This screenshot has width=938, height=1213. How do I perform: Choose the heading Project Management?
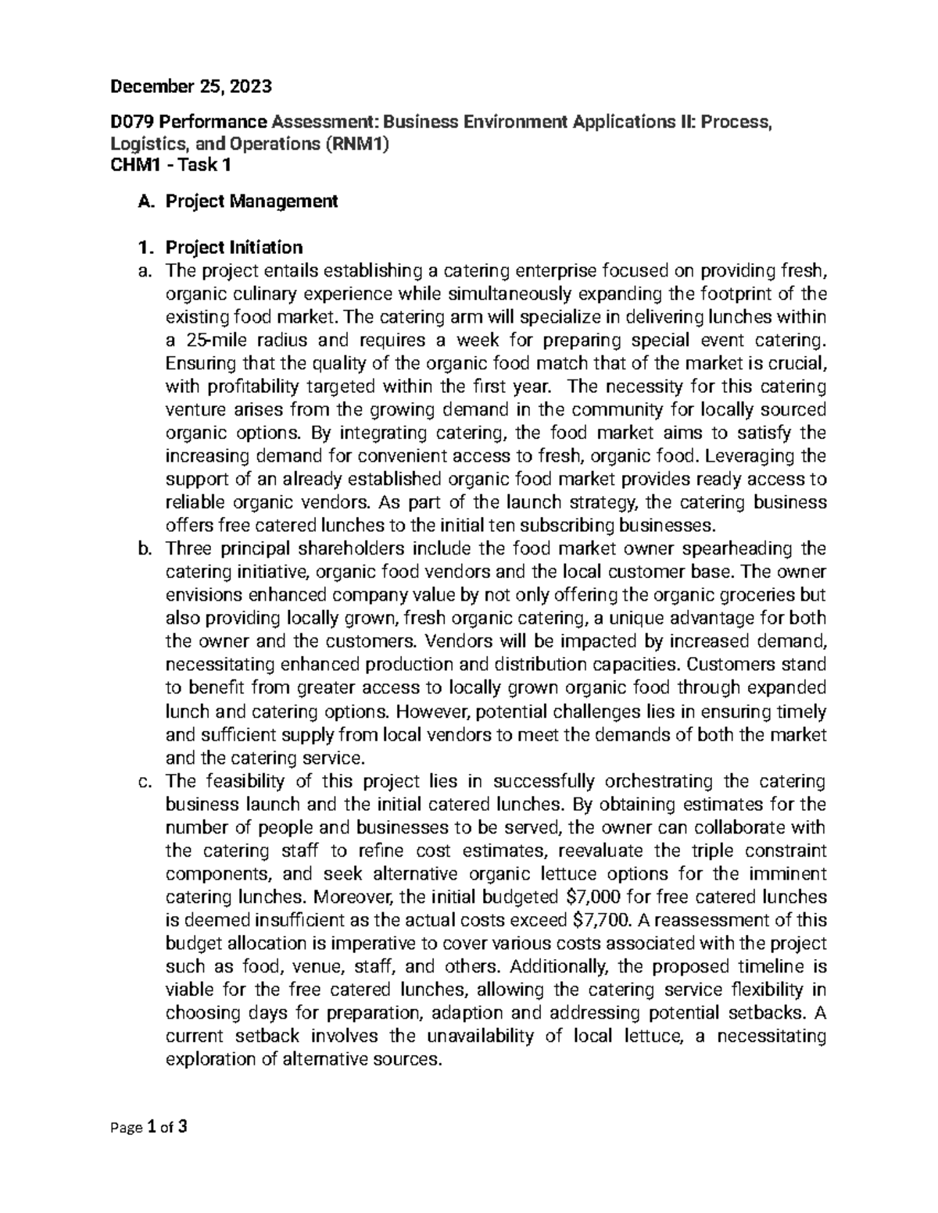(x=252, y=202)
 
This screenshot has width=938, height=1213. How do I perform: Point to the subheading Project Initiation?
(x=234, y=248)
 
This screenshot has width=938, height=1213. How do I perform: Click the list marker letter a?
(x=141, y=271)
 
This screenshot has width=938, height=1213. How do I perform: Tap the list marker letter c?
(x=141, y=781)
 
